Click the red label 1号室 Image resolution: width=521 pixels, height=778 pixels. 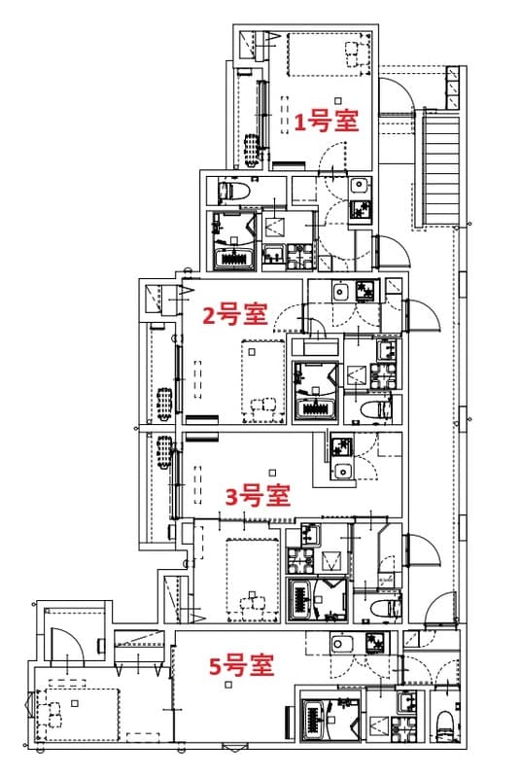(x=327, y=122)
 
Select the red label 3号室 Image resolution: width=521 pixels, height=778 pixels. (x=258, y=496)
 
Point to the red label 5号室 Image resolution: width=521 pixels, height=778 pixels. (x=241, y=666)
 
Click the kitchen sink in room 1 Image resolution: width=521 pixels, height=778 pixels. (x=358, y=187)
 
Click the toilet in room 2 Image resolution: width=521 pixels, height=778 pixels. (x=372, y=409)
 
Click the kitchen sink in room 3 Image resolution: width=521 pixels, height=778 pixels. (x=341, y=472)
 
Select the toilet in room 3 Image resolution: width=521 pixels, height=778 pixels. (x=387, y=605)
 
